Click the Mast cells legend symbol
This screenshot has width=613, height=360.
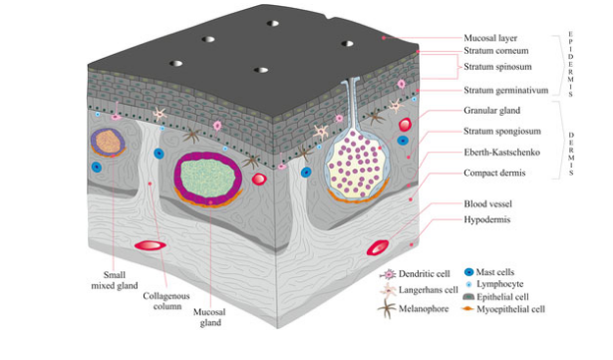(469, 271)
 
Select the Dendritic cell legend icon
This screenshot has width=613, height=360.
(389, 272)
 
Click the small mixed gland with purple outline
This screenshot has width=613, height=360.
(106, 142)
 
